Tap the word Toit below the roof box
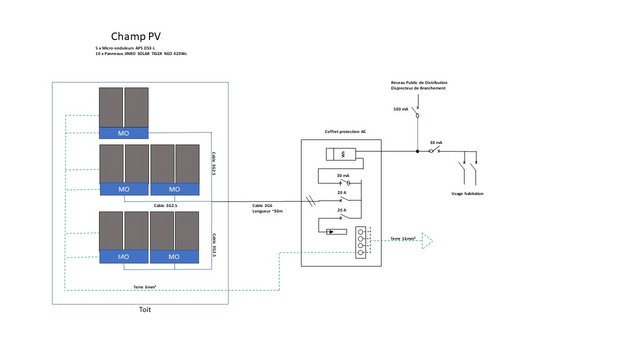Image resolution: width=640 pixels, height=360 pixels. (144, 310)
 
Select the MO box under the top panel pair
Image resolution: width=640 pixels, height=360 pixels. (123, 132)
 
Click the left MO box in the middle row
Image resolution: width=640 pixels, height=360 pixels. (123, 189)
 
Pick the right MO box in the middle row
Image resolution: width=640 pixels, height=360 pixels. (175, 189)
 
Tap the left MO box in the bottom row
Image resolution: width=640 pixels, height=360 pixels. (123, 256)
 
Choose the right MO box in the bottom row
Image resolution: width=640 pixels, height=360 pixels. (175, 256)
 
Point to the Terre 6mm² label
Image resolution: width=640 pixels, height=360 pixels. (146, 287)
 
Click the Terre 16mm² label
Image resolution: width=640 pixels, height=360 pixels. (403, 239)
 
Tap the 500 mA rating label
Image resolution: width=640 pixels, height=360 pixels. (400, 109)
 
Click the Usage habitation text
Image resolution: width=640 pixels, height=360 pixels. (467, 193)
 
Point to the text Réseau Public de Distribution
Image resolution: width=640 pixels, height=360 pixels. (418, 82)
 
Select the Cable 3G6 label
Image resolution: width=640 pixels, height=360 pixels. (265, 206)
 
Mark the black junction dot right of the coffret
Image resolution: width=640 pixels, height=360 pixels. (418, 152)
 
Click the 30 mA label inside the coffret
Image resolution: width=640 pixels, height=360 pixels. (343, 175)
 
